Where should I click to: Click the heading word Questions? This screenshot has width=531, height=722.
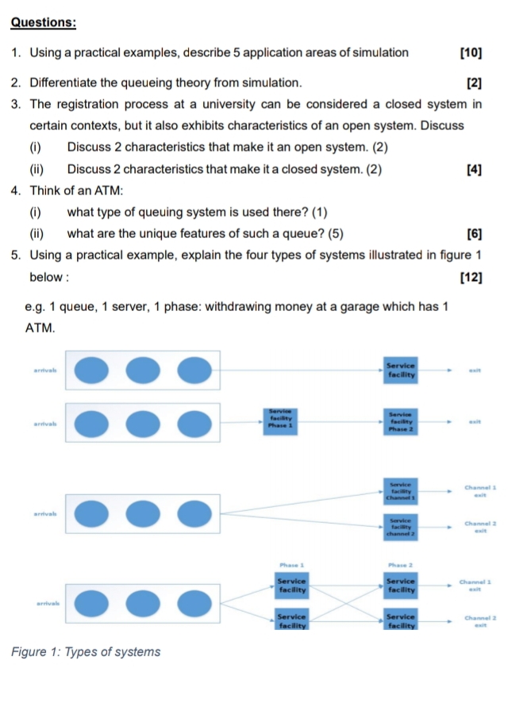44,22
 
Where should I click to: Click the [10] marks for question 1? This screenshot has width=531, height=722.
471,53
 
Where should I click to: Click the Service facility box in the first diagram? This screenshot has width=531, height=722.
402,369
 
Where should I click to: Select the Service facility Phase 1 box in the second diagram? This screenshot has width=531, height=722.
281,418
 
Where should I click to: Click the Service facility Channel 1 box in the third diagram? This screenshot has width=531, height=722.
402,490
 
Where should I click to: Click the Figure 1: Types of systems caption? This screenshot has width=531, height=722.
86,652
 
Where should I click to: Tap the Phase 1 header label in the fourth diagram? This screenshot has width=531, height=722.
292,565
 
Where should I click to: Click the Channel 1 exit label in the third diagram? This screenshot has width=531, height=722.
479,490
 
